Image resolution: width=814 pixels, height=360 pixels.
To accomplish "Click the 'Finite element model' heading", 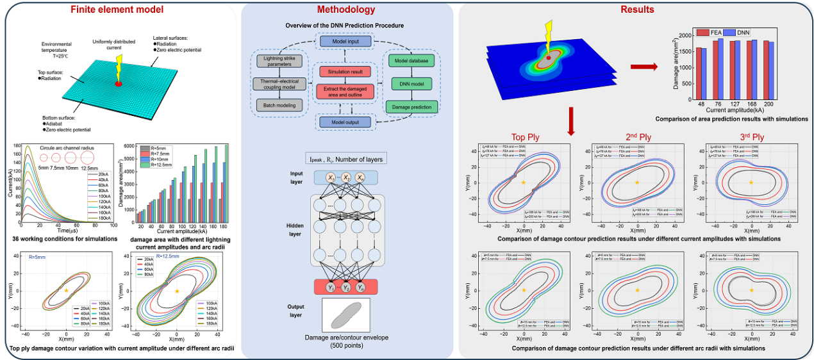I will point(117,9).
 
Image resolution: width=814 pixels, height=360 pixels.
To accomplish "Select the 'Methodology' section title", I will point(346,9).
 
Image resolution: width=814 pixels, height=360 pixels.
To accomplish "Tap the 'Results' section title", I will point(636,9).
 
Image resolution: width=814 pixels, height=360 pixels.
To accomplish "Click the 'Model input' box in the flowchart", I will point(346,41).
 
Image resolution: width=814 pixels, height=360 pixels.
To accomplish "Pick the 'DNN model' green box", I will point(411,83).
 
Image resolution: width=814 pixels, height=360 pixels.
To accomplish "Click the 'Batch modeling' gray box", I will point(275,104).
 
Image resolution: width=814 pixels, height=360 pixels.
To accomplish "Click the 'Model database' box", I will point(411,60).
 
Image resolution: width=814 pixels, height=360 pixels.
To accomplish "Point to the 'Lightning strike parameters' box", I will point(275,62).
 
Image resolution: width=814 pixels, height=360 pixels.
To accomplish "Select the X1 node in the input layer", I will point(330,177).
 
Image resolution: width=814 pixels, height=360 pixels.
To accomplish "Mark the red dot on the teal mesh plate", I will point(119,84).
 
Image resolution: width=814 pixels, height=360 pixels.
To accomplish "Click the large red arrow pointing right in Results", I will point(645,65).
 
